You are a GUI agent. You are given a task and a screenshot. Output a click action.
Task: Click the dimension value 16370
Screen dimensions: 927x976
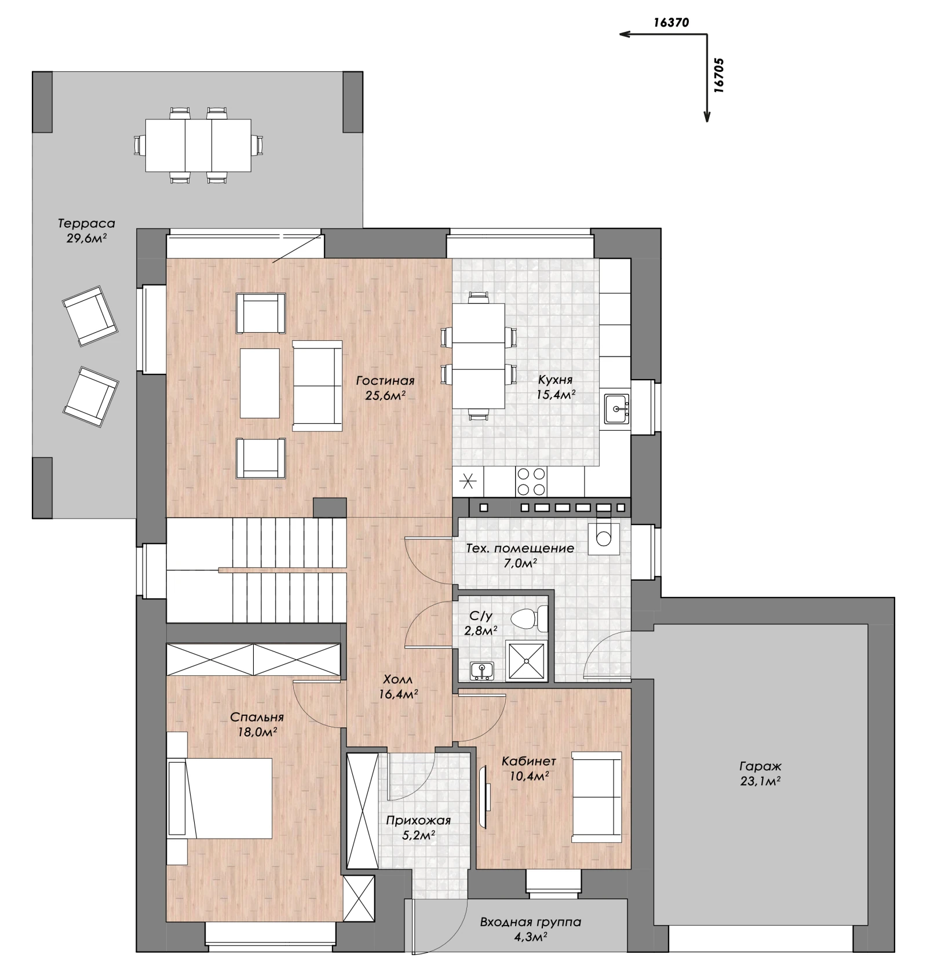pos(671,23)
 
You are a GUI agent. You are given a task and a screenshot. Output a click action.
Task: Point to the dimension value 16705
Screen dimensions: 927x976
pos(718,75)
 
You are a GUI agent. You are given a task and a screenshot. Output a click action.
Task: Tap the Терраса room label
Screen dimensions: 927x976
pos(86,223)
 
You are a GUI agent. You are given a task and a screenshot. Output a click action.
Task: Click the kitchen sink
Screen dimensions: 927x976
pos(616,409)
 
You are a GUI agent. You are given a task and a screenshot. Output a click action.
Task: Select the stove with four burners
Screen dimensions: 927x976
pos(531,481)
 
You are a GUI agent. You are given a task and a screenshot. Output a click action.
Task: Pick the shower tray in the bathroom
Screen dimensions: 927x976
pos(527,661)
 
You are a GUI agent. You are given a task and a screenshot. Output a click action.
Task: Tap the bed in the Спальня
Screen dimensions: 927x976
pos(220,798)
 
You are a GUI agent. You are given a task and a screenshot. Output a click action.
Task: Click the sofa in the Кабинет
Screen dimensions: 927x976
pos(596,797)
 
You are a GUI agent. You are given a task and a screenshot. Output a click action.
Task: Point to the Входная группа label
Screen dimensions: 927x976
pos(530,922)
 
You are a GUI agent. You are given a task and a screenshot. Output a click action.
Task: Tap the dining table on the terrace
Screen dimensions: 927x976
pos(198,145)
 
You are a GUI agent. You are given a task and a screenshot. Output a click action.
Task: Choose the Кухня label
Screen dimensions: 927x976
pos(555,380)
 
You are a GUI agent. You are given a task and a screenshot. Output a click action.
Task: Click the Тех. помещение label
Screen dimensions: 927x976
pos(520,548)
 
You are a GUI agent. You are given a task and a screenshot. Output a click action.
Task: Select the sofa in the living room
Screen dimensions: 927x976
pos(317,385)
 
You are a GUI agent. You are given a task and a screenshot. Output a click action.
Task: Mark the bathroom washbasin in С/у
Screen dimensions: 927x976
pos(482,671)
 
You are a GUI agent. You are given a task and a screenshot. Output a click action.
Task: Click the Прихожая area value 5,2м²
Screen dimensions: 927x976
pos(418,836)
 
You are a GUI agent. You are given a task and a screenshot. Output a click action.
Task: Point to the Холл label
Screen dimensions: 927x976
pos(398,679)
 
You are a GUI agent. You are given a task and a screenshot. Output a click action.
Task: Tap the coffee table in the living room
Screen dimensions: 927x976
pos(260,383)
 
